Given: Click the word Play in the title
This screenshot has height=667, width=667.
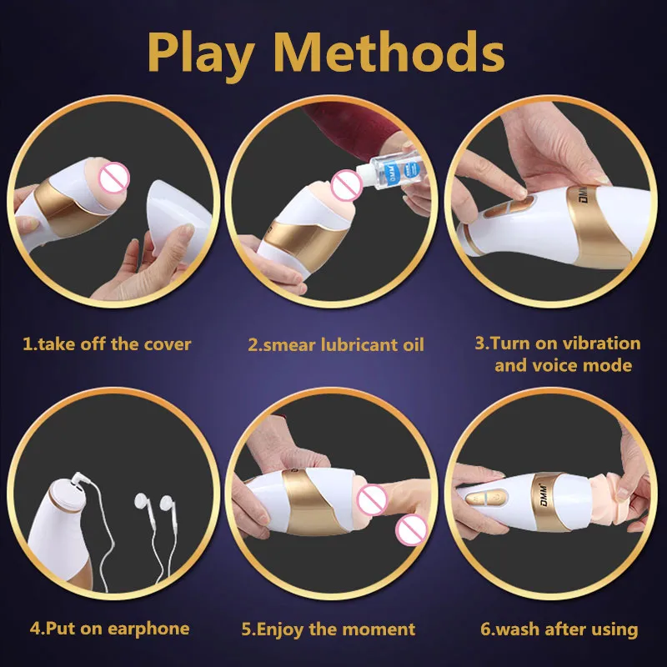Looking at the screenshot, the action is [x=200, y=54].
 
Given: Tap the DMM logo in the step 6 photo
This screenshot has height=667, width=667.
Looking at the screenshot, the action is [x=544, y=495].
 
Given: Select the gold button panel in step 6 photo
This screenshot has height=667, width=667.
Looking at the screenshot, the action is [x=486, y=497].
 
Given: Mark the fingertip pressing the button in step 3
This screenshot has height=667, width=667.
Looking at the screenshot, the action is [x=519, y=193].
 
